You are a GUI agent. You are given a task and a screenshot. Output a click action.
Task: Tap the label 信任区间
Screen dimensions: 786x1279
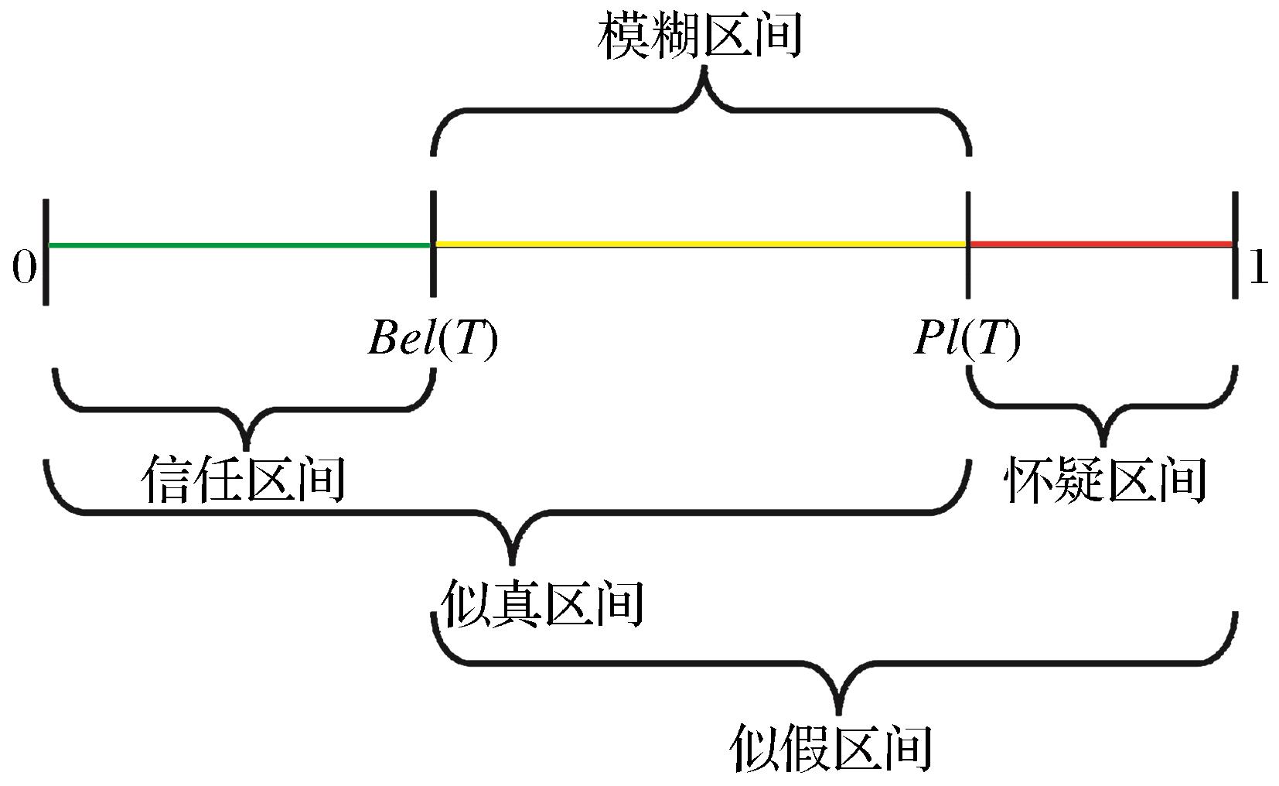243,480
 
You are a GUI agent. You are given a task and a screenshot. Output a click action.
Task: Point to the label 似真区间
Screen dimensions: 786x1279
541,603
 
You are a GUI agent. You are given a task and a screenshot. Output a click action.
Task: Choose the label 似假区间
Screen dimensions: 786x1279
830,747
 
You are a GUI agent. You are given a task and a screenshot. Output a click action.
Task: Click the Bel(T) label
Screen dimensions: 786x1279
432,337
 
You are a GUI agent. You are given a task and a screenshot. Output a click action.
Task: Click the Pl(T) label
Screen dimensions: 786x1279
967,337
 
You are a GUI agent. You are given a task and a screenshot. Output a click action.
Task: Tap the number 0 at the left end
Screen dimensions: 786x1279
23,268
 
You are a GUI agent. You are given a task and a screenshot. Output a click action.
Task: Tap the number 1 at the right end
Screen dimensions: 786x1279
1259,268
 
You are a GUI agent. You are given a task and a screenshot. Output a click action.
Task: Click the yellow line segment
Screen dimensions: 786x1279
699,244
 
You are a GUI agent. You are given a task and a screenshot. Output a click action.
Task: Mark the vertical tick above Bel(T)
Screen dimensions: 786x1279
432,244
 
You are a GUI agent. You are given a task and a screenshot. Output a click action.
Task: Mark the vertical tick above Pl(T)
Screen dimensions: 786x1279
968,244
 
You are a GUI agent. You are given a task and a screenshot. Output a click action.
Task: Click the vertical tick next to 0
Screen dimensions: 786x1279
46,251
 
